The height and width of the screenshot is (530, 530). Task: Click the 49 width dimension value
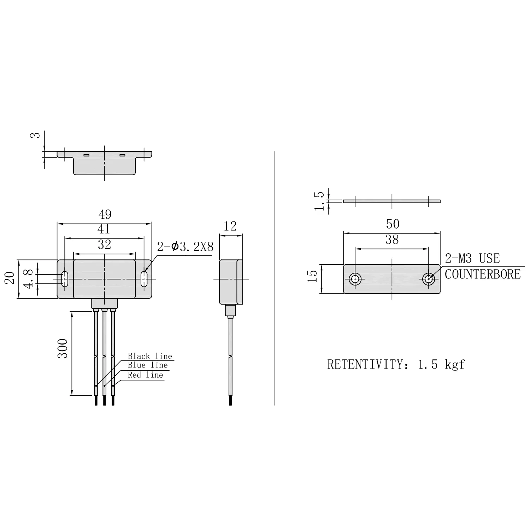pyautogui.click(x=105, y=214)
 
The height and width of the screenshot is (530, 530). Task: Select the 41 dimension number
pyautogui.click(x=104, y=229)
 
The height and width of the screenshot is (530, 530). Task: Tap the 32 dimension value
pyautogui.click(x=104, y=245)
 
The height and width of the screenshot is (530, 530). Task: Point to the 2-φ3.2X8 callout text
pyautogui.click(x=185, y=247)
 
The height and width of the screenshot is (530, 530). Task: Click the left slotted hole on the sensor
pyautogui.click(x=65, y=279)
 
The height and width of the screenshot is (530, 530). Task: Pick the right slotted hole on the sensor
pyautogui.click(x=144, y=279)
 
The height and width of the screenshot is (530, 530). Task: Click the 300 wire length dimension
pyautogui.click(x=63, y=348)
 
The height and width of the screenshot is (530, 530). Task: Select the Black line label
pyautogui.click(x=150, y=356)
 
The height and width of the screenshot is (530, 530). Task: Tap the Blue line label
pyautogui.click(x=148, y=365)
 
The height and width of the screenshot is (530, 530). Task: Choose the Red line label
pyautogui.click(x=146, y=375)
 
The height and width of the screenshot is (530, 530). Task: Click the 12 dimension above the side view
pyautogui.click(x=230, y=226)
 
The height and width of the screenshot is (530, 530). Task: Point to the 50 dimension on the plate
pyautogui.click(x=393, y=224)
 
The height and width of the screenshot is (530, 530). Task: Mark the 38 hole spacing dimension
pyautogui.click(x=392, y=240)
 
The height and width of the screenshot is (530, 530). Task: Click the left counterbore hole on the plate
pyautogui.click(x=355, y=279)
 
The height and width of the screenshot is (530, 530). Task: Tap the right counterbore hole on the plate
pyautogui.click(x=429, y=279)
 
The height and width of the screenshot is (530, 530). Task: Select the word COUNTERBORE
pyautogui.click(x=483, y=274)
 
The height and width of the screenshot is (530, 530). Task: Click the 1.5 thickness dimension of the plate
pyautogui.click(x=319, y=201)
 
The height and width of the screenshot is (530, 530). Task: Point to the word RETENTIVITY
pyautogui.click(x=365, y=364)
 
